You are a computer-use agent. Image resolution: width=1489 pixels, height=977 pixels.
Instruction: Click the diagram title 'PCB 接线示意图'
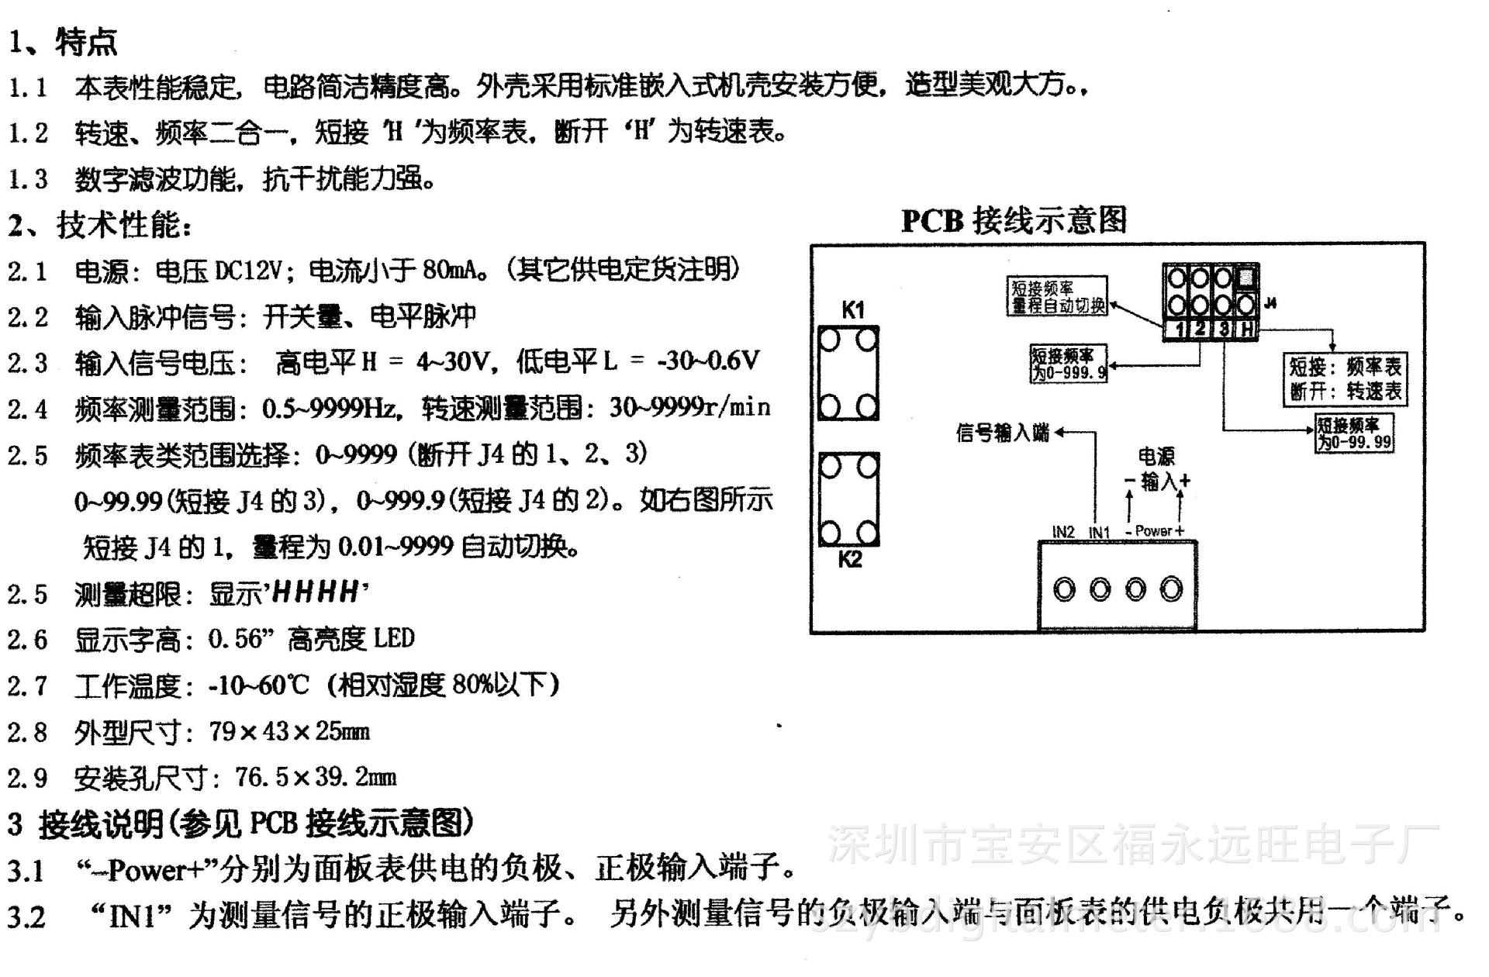pyautogui.click(x=1013, y=220)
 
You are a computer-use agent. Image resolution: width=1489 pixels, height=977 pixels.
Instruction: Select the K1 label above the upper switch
pyautogui.click(x=852, y=310)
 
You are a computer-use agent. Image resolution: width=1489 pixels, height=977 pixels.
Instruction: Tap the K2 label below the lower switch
pyautogui.click(x=850, y=559)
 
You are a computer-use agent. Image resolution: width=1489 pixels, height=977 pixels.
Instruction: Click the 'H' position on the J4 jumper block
pyautogui.click(x=1246, y=330)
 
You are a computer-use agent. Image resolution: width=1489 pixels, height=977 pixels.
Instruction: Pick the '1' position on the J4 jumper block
pyautogui.click(x=1179, y=330)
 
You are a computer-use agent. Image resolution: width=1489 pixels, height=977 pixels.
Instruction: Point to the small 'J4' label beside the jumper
pyautogui.click(x=1270, y=303)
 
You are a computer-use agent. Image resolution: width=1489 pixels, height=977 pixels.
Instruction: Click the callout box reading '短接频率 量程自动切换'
pyautogui.click(x=1058, y=296)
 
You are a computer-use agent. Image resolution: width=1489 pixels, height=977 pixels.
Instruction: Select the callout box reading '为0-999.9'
pyautogui.click(x=1068, y=364)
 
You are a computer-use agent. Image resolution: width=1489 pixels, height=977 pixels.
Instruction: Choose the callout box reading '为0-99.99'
pyautogui.click(x=1354, y=433)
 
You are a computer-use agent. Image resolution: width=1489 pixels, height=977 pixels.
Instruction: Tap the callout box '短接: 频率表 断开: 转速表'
pyautogui.click(x=1345, y=378)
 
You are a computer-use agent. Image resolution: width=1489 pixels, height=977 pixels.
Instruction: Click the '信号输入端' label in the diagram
pyautogui.click(x=1002, y=433)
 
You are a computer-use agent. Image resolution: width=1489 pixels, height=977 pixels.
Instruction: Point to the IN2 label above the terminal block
pyautogui.click(x=1063, y=532)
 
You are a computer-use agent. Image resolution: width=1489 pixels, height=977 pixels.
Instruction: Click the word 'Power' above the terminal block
pyautogui.click(x=1153, y=531)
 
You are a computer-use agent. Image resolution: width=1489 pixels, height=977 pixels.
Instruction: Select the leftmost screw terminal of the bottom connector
pyautogui.click(x=1065, y=590)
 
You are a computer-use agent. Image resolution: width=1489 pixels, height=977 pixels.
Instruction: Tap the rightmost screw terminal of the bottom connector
pyautogui.click(x=1171, y=590)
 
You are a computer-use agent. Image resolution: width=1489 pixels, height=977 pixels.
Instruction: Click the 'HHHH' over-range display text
pyautogui.click(x=316, y=593)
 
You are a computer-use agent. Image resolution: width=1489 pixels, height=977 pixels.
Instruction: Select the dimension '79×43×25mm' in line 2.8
pyautogui.click(x=289, y=731)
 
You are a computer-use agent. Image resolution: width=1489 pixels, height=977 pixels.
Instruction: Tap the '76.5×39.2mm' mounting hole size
pyautogui.click(x=316, y=777)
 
